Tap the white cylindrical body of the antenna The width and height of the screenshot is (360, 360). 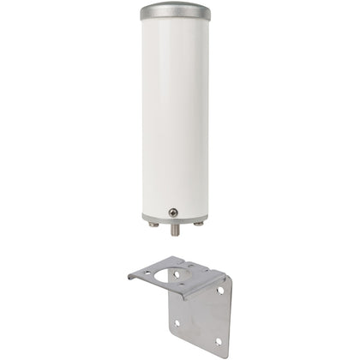coord(179,111)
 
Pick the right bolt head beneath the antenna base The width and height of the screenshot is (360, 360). coord(199,225)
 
